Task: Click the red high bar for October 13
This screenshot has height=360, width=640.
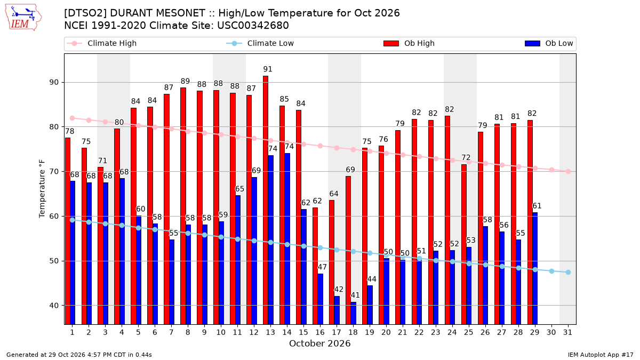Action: click(x=266, y=200)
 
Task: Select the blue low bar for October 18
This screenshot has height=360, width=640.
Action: click(x=353, y=313)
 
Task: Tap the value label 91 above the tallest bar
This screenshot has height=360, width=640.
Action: click(x=268, y=69)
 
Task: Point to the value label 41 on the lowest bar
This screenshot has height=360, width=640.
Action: click(x=355, y=295)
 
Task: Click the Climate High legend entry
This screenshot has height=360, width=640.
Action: click(x=102, y=43)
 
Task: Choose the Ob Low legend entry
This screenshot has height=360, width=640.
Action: click(x=549, y=43)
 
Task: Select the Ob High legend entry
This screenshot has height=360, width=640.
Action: click(x=409, y=43)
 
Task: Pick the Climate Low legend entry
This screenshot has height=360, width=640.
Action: click(x=260, y=43)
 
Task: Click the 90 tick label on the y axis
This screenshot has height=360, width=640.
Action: click(x=54, y=82)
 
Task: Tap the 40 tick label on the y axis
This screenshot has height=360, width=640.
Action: click(x=54, y=306)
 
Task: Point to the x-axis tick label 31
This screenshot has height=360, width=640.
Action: click(x=567, y=332)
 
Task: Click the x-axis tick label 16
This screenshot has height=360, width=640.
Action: click(x=320, y=332)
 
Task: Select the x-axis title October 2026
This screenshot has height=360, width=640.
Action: click(x=319, y=343)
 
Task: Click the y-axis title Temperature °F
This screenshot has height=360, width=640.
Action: click(x=42, y=189)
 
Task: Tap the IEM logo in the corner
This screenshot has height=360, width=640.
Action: click(x=23, y=18)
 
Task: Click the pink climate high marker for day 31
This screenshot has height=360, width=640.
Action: click(x=568, y=171)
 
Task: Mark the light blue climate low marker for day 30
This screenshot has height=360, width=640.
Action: click(x=551, y=271)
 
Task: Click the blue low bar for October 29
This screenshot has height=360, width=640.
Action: click(x=535, y=268)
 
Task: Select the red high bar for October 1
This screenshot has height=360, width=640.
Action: click(x=68, y=231)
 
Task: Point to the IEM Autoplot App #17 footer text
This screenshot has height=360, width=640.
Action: click(x=601, y=355)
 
